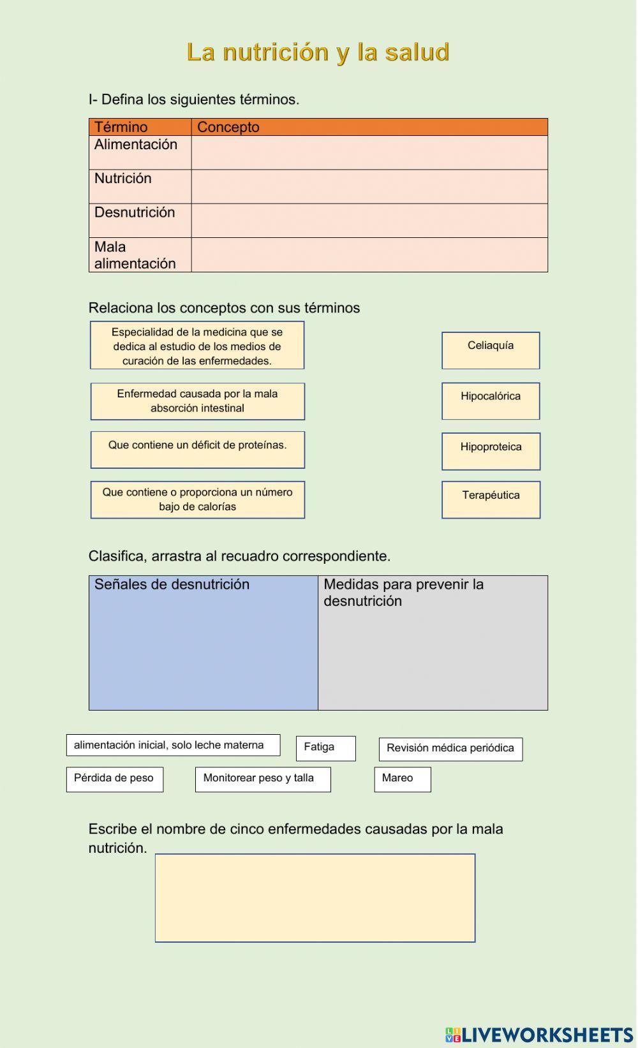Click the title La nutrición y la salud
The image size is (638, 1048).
(x=318, y=52)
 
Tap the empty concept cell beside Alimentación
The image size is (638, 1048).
(x=369, y=152)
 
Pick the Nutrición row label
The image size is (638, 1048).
(x=123, y=179)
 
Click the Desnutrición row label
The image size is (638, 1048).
(x=135, y=212)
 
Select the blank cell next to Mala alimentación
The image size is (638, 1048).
(x=369, y=255)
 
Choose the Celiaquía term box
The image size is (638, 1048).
(x=491, y=350)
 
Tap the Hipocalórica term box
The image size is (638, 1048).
(x=491, y=401)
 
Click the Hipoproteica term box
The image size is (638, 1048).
(x=491, y=451)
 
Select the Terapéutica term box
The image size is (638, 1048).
(x=491, y=499)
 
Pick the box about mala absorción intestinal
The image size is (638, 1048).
(x=198, y=401)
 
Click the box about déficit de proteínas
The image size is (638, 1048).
(x=198, y=450)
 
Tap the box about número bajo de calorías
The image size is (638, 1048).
(x=198, y=499)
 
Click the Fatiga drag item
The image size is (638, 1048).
(x=325, y=748)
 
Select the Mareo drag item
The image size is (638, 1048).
(x=402, y=779)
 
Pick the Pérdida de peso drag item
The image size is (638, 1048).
(x=115, y=779)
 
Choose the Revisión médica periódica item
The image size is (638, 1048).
(x=450, y=749)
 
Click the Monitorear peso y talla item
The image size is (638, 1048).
(x=263, y=779)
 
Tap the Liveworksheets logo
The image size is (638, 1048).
(x=539, y=1034)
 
